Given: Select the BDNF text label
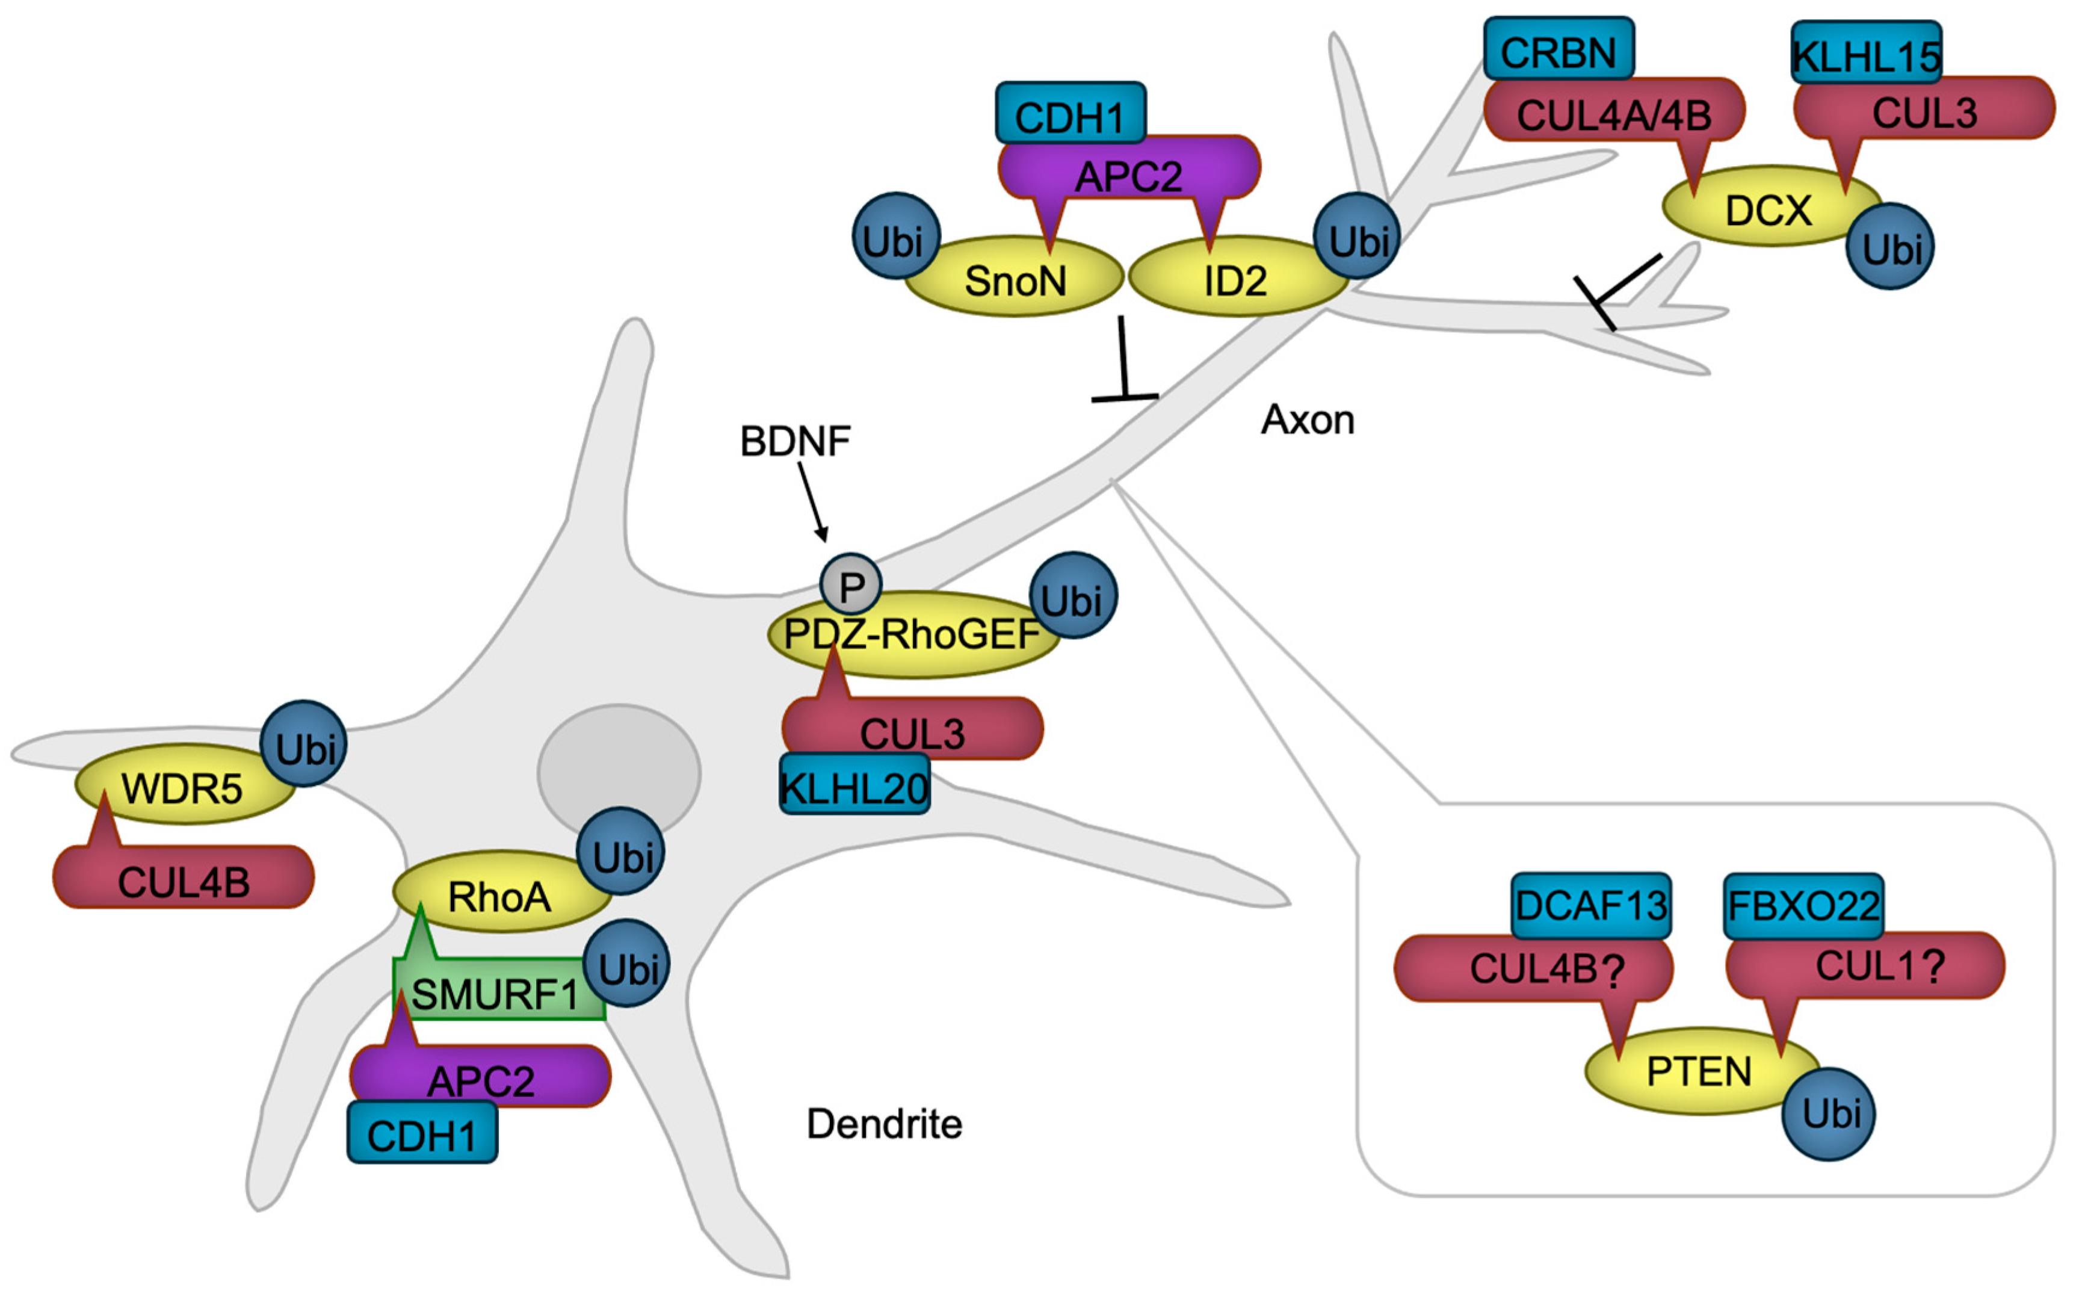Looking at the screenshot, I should click(x=795, y=441).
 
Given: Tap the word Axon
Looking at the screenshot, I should click(x=1307, y=420).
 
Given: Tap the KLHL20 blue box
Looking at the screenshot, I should click(x=854, y=786).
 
